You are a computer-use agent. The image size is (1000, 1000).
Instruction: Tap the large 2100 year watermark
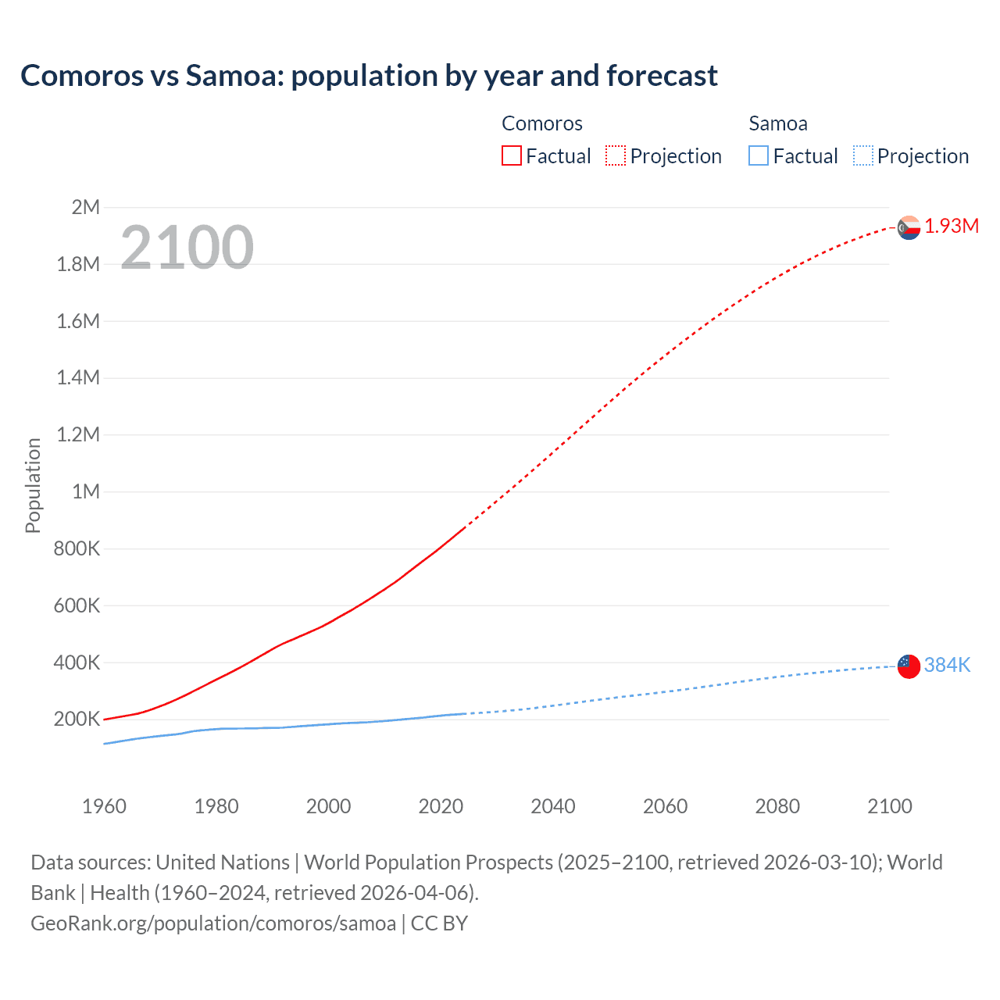point(187,248)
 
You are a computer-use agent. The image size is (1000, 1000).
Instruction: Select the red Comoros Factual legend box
point(511,156)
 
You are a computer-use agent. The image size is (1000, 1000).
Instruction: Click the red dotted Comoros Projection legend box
point(616,156)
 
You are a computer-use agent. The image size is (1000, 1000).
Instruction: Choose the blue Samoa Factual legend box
point(758,156)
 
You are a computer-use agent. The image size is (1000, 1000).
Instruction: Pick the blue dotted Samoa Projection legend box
point(862,156)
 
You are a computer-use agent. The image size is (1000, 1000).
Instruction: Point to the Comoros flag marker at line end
point(909,227)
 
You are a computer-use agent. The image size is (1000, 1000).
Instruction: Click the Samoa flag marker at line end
point(909,666)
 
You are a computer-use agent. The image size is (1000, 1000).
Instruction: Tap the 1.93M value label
point(952,227)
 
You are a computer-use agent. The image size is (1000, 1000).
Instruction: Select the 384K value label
point(947,666)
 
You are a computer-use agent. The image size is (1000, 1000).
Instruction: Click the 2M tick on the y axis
point(85,207)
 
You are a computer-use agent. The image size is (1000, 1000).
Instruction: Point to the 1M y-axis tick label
point(85,491)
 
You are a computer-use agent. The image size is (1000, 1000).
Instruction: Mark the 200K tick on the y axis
point(77,720)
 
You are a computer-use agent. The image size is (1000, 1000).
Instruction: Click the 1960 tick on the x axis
point(104,806)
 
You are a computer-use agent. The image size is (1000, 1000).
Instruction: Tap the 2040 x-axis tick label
point(553,806)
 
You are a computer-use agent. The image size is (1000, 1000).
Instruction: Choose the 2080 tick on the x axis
point(777,806)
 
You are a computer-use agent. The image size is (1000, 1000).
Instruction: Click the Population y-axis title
point(33,485)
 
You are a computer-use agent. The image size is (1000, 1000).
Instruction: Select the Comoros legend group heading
point(541,123)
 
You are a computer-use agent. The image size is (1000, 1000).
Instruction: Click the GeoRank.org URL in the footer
point(213,923)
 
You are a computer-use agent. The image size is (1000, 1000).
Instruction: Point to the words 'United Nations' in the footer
point(223,862)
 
